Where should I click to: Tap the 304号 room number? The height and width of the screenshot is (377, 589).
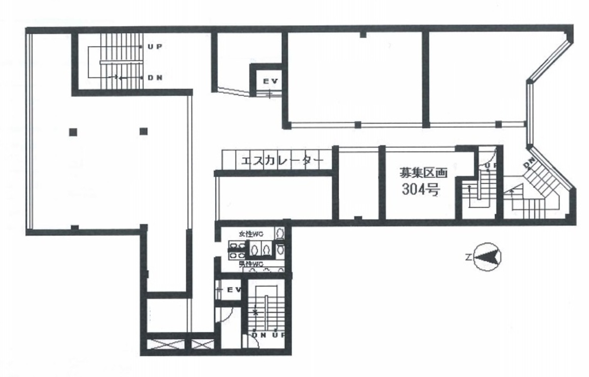coord(420,190)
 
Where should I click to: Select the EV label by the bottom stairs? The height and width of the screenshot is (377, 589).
coord(233,290)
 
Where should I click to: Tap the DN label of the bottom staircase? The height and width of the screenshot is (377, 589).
coord(258,335)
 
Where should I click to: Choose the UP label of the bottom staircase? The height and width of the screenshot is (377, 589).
coord(278,335)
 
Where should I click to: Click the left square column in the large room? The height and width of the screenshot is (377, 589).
coord(73,131)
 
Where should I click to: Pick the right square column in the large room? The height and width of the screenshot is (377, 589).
coord(143,131)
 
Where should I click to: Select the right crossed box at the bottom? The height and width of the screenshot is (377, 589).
coord(201,344)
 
